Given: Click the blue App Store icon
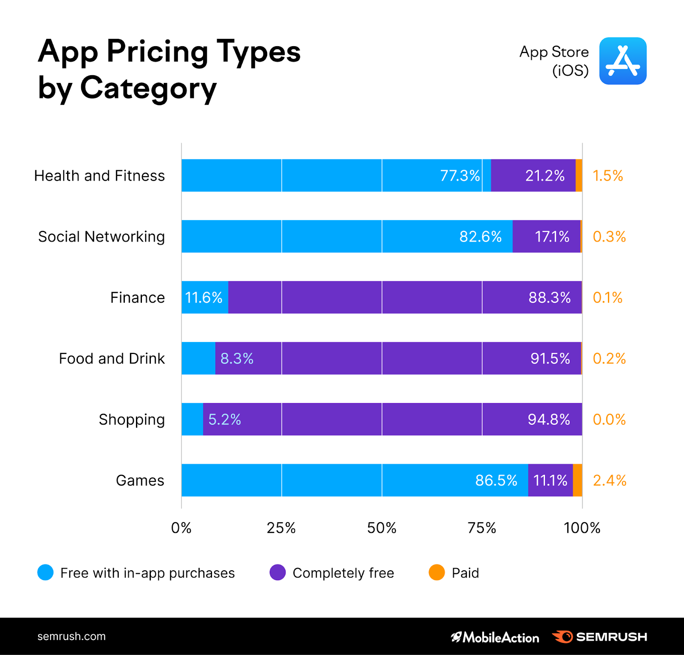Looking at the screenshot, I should pyautogui.click(x=622, y=61).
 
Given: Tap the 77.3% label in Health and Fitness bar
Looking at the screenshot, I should pyautogui.click(x=460, y=176).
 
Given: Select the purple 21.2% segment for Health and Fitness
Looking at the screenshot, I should pyautogui.click(x=533, y=176).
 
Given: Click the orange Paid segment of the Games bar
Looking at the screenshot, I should pyautogui.click(x=577, y=480).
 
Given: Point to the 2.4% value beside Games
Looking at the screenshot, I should pyautogui.click(x=609, y=481).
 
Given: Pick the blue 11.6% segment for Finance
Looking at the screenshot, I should pyautogui.click(x=204, y=298).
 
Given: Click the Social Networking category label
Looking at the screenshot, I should pyautogui.click(x=101, y=236).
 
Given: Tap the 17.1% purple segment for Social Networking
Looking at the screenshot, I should pyautogui.click(x=546, y=236).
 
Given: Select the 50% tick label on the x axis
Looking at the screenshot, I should pyautogui.click(x=381, y=528).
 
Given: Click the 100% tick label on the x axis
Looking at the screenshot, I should pyautogui.click(x=582, y=528).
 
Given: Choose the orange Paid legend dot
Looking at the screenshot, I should pyautogui.click(x=436, y=572).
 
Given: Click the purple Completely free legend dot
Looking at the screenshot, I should pyautogui.click(x=277, y=572).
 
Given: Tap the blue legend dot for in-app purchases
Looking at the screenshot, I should pyautogui.click(x=45, y=572).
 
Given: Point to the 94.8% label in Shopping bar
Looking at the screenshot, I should pyautogui.click(x=548, y=419).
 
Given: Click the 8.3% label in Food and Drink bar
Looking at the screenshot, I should pyautogui.click(x=237, y=359).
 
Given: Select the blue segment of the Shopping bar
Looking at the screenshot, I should pyautogui.click(x=192, y=419).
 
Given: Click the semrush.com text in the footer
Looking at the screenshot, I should pyautogui.click(x=71, y=636).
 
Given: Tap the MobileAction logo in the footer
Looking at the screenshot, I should pyautogui.click(x=495, y=637).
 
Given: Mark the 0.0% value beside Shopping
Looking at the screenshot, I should pyautogui.click(x=609, y=419).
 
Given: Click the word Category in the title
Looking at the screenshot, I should pyautogui.click(x=148, y=88).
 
